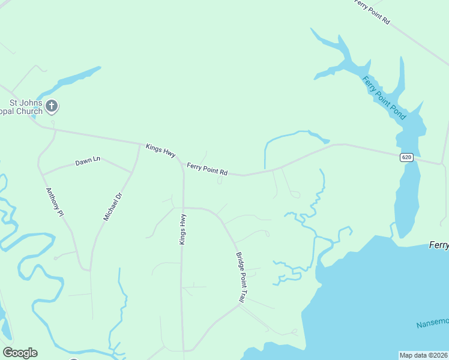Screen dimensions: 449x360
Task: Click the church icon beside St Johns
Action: pyautogui.click(x=52, y=107)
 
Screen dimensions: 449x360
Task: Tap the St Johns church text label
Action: pyautogui.click(x=21, y=107)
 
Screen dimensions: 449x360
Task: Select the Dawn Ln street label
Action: pyautogui.click(x=88, y=162)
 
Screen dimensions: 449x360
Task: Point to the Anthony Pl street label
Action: pyautogui.click(x=55, y=202)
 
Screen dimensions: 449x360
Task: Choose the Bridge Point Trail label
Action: pyautogui.click(x=241, y=277)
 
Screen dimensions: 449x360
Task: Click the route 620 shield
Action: pyautogui.click(x=406, y=157)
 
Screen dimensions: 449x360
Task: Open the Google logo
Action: pyautogui.click(x=20, y=353)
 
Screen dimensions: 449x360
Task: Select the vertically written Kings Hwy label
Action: pyautogui.click(x=182, y=229)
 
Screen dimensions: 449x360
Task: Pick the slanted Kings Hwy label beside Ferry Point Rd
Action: pyautogui.click(x=160, y=150)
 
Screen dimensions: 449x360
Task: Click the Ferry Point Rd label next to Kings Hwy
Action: pyautogui.click(x=207, y=169)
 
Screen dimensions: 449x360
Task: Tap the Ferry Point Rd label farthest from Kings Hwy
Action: pyautogui.click(x=372, y=12)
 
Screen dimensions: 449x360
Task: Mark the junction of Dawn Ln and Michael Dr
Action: pyautogui.click(x=131, y=173)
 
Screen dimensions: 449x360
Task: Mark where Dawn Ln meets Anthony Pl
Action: pyautogui.click(x=42, y=175)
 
